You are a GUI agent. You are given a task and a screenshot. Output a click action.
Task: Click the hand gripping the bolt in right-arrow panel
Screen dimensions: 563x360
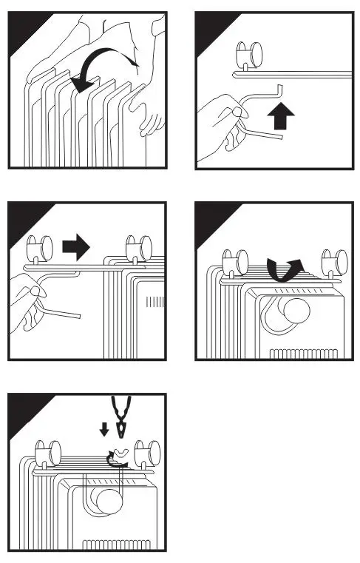pyautogui.click(x=28, y=303)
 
